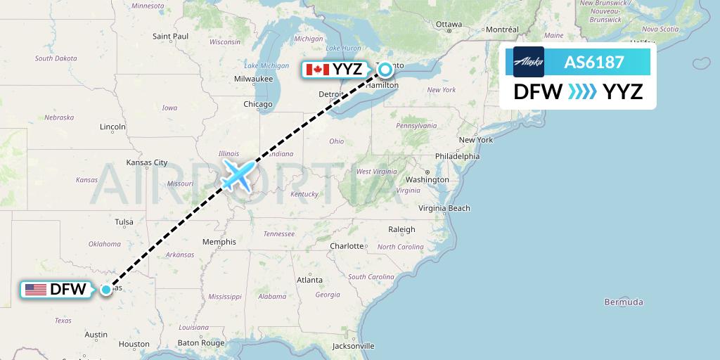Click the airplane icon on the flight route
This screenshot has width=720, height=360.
click(238, 174)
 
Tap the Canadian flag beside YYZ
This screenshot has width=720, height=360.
click(318, 70)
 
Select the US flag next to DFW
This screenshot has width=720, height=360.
click(35, 289)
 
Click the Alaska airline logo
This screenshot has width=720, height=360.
click(529, 62)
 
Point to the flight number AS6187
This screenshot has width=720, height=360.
click(594, 62)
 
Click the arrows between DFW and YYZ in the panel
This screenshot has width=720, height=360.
click(581, 92)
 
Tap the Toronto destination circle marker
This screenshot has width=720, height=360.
click(385, 69)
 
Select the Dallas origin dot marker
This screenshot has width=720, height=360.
click(106, 289)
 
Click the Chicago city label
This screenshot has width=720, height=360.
click(257, 104)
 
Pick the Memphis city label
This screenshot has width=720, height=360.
click(219, 242)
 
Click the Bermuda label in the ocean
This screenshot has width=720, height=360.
click(624, 302)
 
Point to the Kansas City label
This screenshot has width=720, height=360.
click(146, 162)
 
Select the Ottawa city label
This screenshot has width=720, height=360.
click(449, 24)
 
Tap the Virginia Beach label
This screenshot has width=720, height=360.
click(444, 208)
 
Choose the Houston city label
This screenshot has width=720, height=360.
click(134, 345)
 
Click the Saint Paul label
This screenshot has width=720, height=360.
click(171, 36)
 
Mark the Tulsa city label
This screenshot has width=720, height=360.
click(124, 222)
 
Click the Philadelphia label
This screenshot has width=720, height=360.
click(457, 156)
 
